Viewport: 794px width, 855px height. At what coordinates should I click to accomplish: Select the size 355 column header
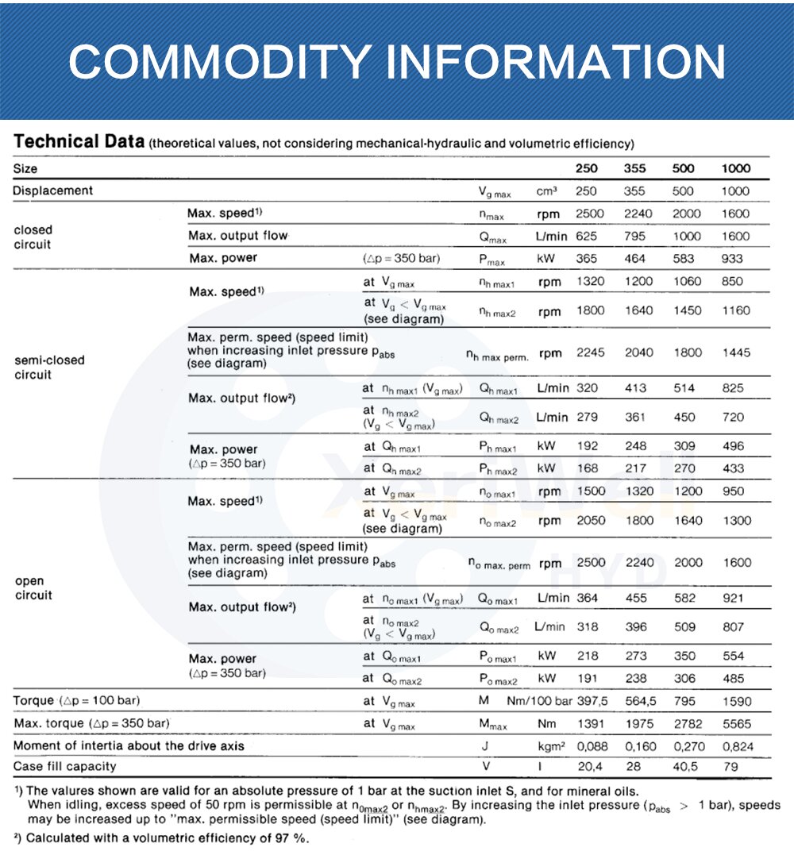(x=635, y=168)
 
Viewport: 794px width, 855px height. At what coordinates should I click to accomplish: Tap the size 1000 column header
(x=735, y=168)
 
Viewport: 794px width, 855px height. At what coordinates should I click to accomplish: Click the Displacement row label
(x=52, y=191)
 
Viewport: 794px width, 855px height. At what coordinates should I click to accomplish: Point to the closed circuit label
(x=33, y=237)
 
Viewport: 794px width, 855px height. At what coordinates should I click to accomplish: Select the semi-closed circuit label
(x=49, y=367)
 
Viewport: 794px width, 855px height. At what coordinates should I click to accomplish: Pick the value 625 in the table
(x=588, y=236)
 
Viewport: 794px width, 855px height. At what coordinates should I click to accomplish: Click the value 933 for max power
(x=732, y=258)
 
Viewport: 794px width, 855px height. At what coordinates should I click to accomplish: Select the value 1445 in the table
(x=736, y=352)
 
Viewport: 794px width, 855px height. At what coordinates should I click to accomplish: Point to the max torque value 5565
(x=736, y=724)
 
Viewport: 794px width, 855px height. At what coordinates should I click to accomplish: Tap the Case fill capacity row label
(x=65, y=767)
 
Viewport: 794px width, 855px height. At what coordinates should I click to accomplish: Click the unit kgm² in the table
(x=549, y=746)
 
